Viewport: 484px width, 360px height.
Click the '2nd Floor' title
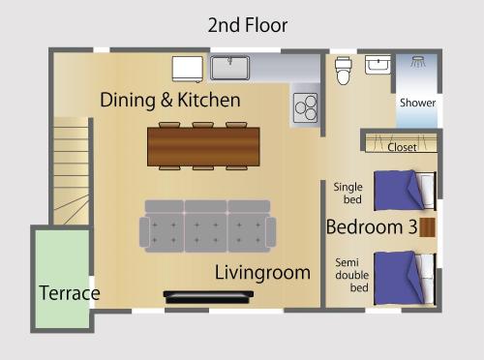click(x=248, y=25)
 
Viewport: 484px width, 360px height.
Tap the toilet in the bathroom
click(x=343, y=71)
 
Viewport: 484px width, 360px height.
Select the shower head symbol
click(x=418, y=61)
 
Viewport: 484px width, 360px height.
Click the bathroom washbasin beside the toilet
click(x=378, y=65)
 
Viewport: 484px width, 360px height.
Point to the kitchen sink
click(x=229, y=68)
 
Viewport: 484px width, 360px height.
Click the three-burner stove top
click(x=306, y=107)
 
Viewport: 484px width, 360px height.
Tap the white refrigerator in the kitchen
click(x=188, y=69)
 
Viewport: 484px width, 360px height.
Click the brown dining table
click(x=203, y=146)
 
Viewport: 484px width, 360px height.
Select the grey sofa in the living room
click(x=207, y=225)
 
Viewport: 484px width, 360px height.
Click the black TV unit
click(x=208, y=297)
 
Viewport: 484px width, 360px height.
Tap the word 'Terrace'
click(x=70, y=293)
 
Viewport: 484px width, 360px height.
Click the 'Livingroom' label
click(x=262, y=273)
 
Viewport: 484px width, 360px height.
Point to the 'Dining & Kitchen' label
click(x=170, y=100)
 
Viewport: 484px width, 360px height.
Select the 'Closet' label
click(x=402, y=147)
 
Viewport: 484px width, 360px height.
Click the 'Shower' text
click(x=417, y=103)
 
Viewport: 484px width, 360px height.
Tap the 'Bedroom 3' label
click(x=372, y=226)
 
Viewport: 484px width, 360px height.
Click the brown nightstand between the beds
click(x=427, y=227)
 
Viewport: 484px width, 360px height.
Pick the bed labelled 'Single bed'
click(x=405, y=191)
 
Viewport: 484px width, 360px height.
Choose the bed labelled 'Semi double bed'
click(x=405, y=279)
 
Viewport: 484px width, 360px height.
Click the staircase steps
click(x=71, y=171)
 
